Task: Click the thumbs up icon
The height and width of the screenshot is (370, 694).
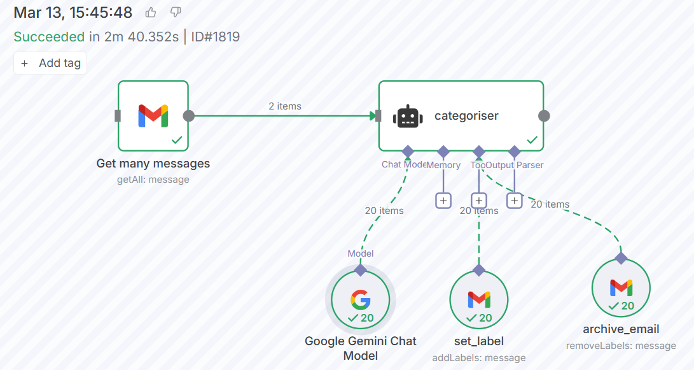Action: (151, 12)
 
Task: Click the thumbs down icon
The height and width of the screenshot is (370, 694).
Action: (176, 12)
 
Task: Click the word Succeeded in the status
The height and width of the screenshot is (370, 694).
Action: (49, 36)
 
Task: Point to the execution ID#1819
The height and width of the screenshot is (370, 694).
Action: (215, 36)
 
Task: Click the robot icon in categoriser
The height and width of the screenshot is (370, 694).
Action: (408, 117)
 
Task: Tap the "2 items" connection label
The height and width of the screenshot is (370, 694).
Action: (285, 106)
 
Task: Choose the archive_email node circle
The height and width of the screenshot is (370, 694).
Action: (621, 287)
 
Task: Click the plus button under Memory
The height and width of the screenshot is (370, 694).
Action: (443, 201)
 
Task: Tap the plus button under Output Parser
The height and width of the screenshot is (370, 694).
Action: (515, 201)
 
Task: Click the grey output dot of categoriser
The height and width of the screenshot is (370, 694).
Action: (544, 116)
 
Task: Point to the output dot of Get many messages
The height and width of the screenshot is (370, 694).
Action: (189, 116)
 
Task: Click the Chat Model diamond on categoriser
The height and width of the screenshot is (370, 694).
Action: (408, 152)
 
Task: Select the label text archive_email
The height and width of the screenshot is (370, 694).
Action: (621, 329)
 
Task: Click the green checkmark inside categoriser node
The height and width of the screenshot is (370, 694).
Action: (532, 140)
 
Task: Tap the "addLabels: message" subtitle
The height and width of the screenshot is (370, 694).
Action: (479, 357)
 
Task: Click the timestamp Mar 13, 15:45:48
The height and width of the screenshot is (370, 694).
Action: (73, 12)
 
